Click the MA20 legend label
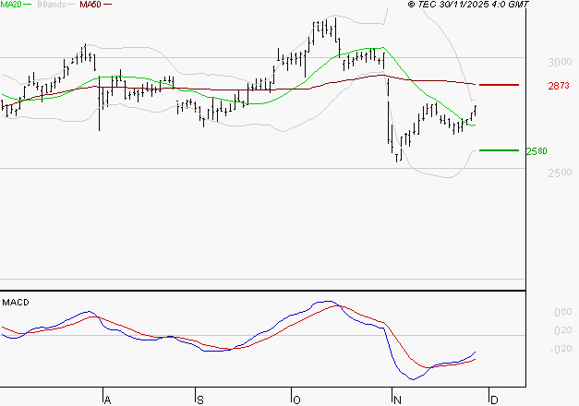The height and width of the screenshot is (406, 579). [12, 5]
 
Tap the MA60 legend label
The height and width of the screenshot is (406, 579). [90, 5]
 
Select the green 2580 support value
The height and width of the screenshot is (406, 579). [537, 150]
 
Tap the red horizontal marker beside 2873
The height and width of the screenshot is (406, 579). [500, 85]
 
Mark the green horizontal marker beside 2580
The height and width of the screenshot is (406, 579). [500, 149]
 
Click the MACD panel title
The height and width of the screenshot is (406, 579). [16, 302]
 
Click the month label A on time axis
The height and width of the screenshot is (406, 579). [107, 400]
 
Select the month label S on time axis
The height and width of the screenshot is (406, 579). [200, 400]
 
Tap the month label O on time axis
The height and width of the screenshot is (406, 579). [296, 400]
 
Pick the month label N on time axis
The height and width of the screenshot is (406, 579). [397, 400]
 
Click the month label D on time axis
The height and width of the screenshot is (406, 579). [494, 400]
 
